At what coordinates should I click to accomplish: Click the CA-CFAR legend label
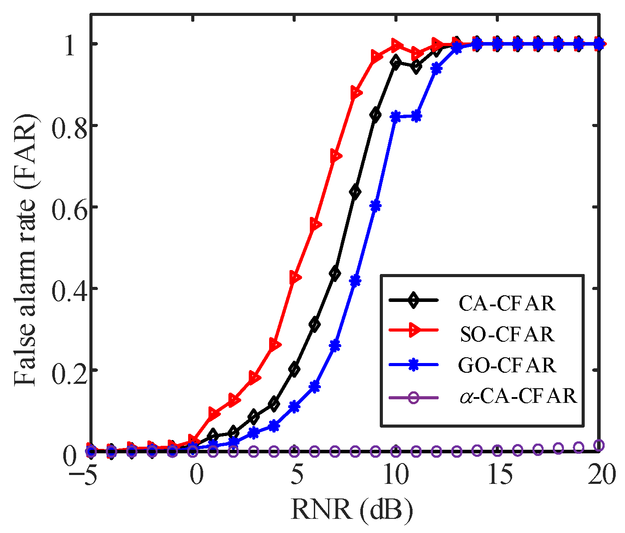[x=507, y=304]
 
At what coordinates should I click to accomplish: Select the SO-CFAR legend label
[x=507, y=334]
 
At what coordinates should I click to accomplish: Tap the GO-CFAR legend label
[x=507, y=366]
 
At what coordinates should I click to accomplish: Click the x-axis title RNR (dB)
[x=352, y=510]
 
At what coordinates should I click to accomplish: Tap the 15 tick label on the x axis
[x=498, y=476]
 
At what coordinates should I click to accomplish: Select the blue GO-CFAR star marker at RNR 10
[x=396, y=117]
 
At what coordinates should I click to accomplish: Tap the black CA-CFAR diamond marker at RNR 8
[x=355, y=192]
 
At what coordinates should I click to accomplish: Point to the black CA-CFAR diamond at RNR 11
[x=416, y=67]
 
